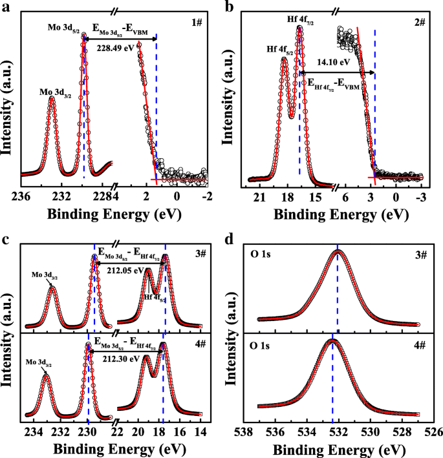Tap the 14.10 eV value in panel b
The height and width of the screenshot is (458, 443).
[x=332, y=63]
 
